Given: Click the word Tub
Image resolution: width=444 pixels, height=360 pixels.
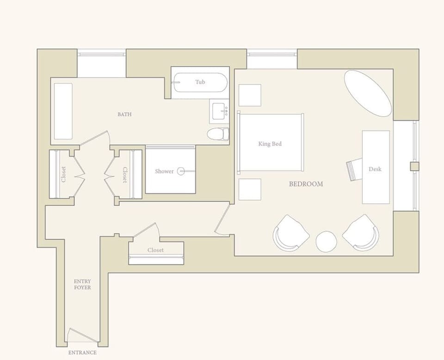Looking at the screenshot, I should (200, 82).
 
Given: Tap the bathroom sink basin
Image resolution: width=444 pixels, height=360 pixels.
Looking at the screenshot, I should (219, 111).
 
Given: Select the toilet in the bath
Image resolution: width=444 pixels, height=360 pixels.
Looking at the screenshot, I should (218, 134).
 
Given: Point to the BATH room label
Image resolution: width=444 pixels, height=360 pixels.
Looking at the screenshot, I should (124, 114).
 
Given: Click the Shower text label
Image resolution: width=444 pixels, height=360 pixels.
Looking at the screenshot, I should (164, 171).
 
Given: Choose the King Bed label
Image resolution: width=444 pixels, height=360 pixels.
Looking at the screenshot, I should (270, 144).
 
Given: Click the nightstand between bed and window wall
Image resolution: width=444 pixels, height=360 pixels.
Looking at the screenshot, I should (250, 95).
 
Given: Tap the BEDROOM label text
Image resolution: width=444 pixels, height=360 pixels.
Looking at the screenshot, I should (306, 184).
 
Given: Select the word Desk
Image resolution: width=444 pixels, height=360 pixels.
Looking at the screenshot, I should (375, 169).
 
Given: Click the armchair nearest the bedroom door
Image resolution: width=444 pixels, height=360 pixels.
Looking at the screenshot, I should (291, 233).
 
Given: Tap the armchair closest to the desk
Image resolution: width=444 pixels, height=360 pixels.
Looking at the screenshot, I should (361, 233).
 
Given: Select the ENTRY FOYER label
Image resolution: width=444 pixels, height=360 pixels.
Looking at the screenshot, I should (82, 284).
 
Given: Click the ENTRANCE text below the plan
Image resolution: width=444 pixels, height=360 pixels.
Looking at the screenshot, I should (82, 353).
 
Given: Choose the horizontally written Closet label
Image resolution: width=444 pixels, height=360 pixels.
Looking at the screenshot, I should (155, 250).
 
